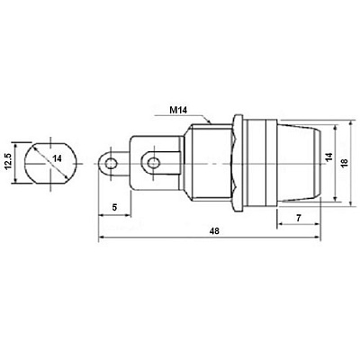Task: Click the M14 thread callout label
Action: (x=178, y=111)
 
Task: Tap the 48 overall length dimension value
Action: (x=214, y=230)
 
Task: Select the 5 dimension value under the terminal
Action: (x=114, y=207)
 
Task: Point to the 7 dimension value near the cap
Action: (x=299, y=218)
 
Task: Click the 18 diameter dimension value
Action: (x=344, y=162)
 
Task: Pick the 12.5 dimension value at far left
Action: (x=8, y=162)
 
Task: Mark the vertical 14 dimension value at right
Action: (x=329, y=157)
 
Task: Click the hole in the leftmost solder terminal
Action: (x=111, y=164)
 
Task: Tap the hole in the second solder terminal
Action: (x=153, y=164)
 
